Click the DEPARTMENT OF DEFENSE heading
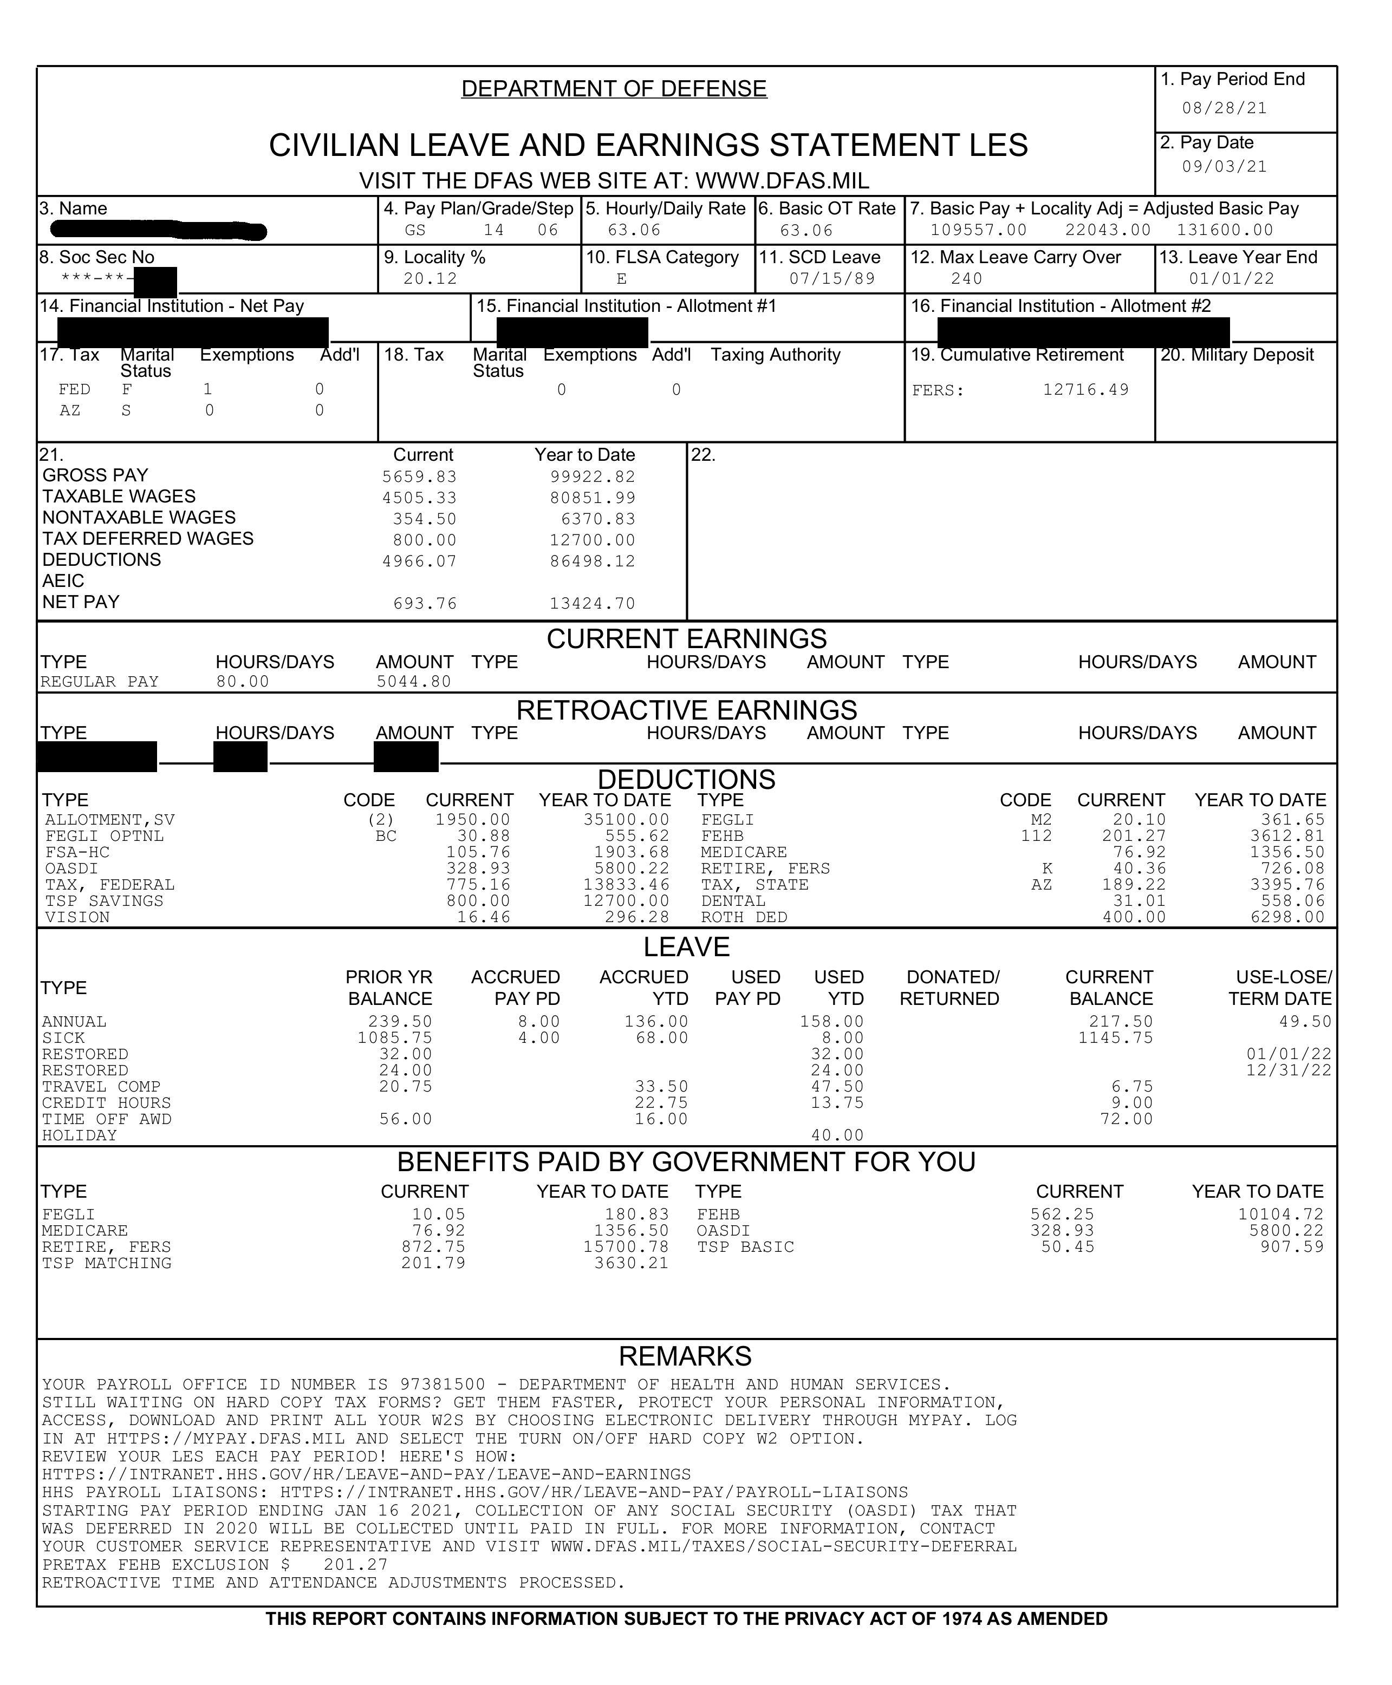(614, 89)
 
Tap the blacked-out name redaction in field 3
(158, 231)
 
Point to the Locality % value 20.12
(430, 279)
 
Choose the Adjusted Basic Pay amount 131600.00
(1225, 230)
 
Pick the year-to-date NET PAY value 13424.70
(592, 604)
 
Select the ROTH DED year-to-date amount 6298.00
(1288, 917)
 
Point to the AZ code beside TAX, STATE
(1041, 885)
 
